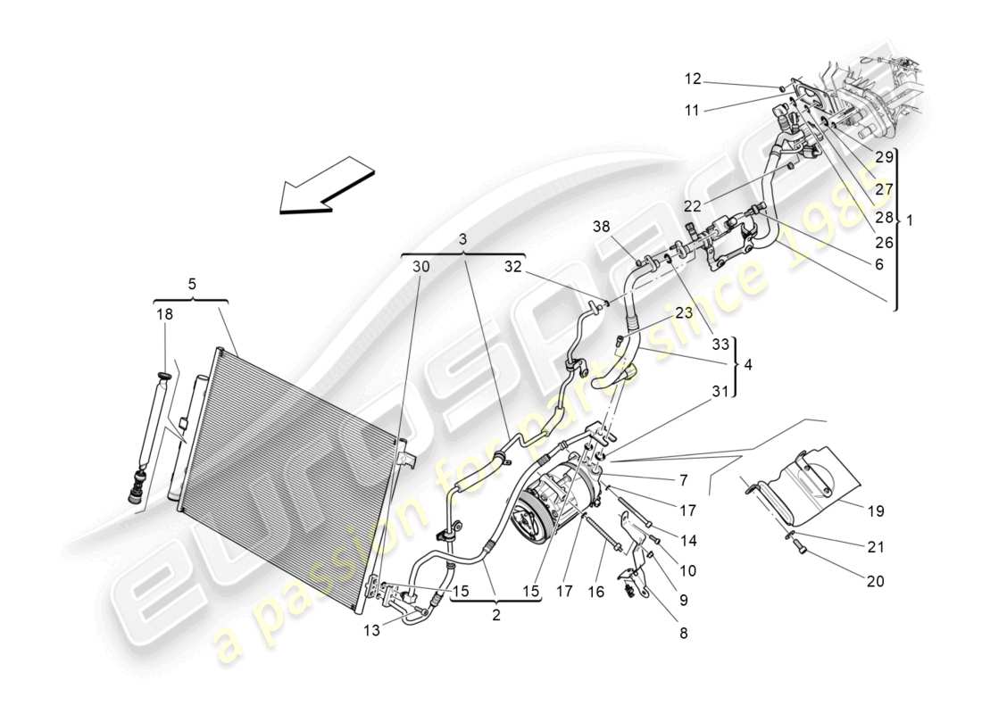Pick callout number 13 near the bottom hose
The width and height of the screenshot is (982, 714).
[x=370, y=630]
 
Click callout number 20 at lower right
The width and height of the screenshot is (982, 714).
[x=875, y=581]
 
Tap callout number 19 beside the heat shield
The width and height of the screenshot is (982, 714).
[x=874, y=511]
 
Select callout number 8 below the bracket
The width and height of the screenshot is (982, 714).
[x=683, y=633]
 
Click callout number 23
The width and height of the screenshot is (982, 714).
[x=683, y=313]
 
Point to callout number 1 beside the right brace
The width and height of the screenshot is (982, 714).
[x=910, y=220]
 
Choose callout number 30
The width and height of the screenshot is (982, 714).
[x=421, y=265]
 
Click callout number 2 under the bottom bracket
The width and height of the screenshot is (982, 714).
[x=496, y=614]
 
